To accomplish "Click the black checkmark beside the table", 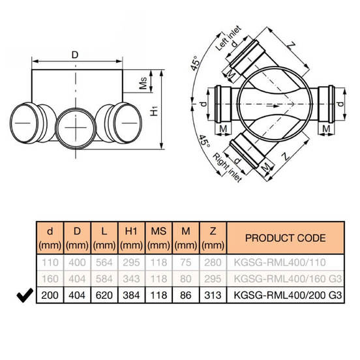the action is pos(25,295).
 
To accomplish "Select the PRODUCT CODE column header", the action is pos(286,238).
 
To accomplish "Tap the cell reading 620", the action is pos(104,295).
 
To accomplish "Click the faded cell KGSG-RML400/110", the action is pos(280,262).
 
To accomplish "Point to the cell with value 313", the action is pos(213,295).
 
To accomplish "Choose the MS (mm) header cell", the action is pos(158,238).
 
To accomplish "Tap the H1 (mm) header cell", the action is pos(131,238).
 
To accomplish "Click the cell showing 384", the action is pos(131,295).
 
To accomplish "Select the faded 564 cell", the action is pos(104,262).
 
